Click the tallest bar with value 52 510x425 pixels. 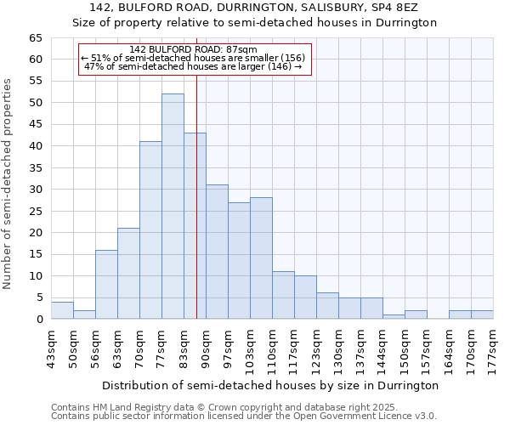(x=173, y=207)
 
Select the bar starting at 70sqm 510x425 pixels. (x=150, y=230)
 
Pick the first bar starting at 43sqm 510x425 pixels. (x=62, y=310)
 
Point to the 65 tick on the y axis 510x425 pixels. (x=35, y=38)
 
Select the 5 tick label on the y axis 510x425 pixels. (x=39, y=297)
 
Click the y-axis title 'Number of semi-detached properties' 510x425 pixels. (x=8, y=184)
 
